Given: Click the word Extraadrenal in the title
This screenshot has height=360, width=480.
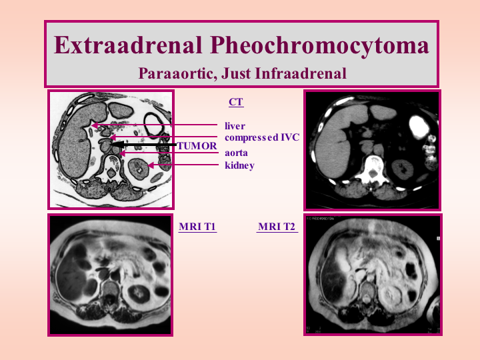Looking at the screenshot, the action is [128, 45].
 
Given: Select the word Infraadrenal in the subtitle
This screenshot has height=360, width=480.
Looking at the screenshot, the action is [300, 73].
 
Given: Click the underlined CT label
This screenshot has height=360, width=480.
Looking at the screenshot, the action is [236, 102].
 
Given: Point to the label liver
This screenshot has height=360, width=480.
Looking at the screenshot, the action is [235, 126].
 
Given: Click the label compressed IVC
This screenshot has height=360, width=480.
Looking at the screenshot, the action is [262, 137].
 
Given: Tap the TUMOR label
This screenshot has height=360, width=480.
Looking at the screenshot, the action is [197, 146].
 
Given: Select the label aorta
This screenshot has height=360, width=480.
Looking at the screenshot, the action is [236, 153].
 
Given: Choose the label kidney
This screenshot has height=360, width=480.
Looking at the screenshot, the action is [240, 165].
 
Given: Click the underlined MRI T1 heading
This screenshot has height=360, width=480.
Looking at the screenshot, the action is [197, 227].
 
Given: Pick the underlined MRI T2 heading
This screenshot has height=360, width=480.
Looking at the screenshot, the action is [277, 227].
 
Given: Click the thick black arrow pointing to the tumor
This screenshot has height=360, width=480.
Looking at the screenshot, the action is [145, 144].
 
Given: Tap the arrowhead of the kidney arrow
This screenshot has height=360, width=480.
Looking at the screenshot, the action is [151, 165].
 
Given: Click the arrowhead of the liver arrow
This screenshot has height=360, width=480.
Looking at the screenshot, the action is [95, 125].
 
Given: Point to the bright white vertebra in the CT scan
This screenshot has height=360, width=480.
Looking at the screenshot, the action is [372, 169].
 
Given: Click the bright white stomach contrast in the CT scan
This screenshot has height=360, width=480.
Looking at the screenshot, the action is [419, 126].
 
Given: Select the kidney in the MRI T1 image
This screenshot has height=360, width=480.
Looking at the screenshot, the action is [139, 295].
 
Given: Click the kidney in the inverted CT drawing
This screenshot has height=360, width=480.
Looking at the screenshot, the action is [139, 168].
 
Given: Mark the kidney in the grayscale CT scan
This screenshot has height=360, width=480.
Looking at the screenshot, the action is [403, 169].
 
